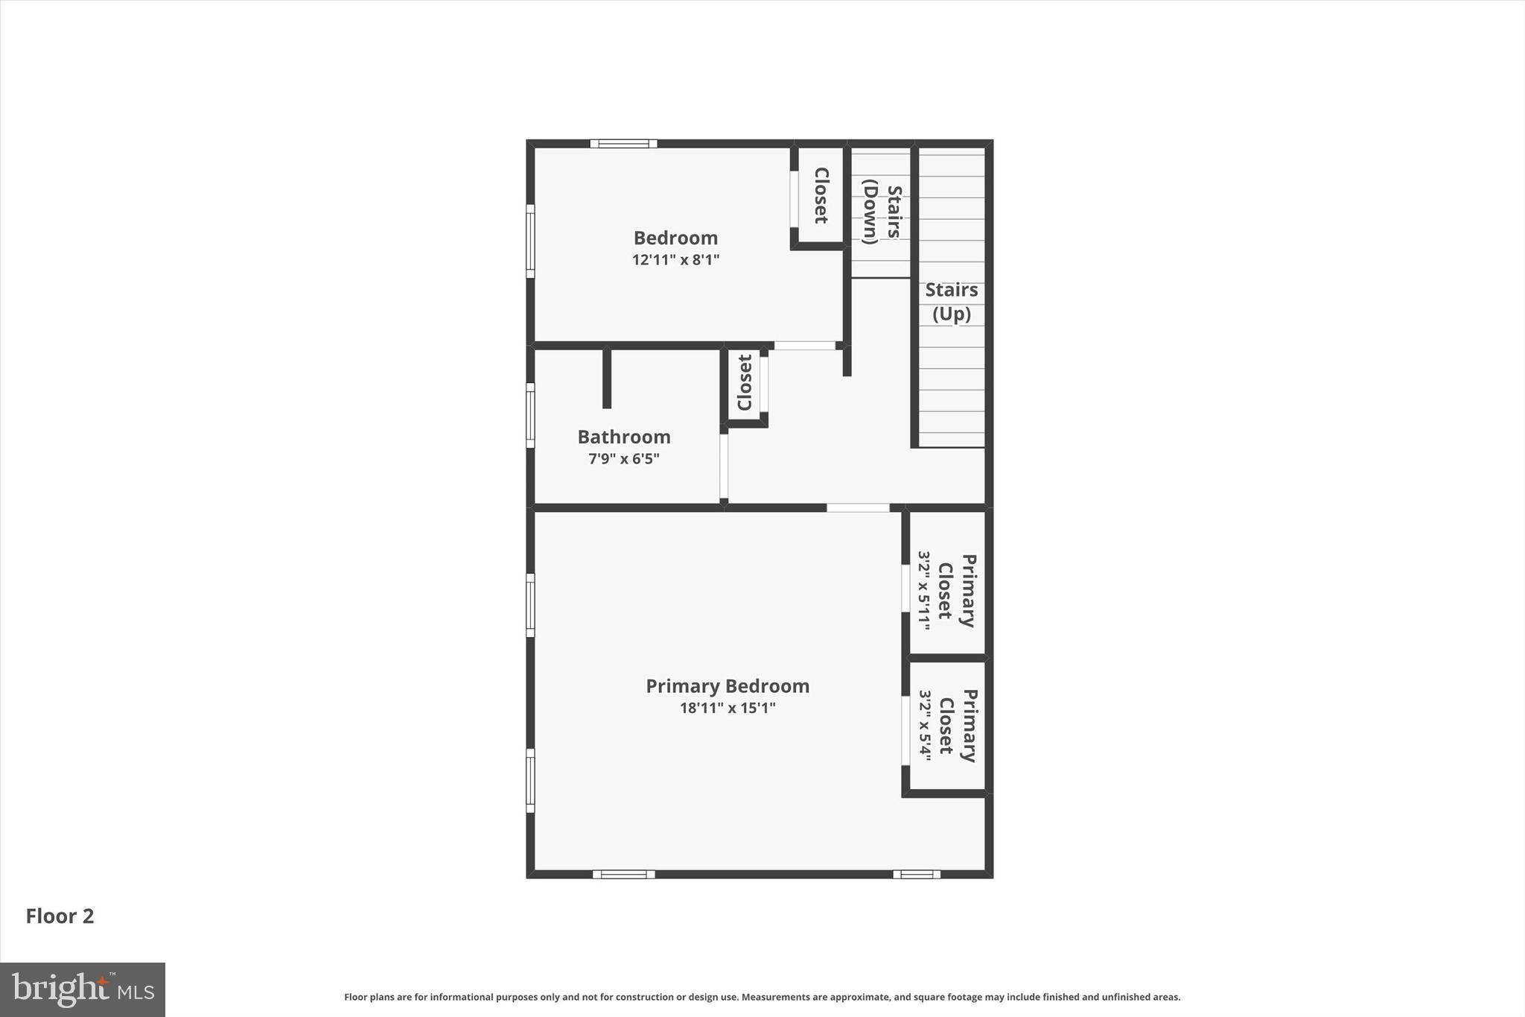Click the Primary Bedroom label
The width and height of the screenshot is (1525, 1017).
(728, 685)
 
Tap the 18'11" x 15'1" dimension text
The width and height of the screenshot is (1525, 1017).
(728, 708)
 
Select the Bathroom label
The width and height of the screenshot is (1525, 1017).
(624, 437)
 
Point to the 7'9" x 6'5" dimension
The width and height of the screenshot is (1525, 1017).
(624, 459)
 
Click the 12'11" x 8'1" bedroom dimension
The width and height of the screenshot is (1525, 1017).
(675, 260)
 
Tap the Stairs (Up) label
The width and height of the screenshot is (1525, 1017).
(952, 301)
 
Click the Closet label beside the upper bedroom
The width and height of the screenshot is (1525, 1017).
(821, 195)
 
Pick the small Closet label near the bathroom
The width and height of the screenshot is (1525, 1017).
(745, 382)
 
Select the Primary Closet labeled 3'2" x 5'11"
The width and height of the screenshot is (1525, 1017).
(946, 591)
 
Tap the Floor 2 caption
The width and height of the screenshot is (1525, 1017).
(60, 916)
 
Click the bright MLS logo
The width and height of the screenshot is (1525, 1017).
(83, 989)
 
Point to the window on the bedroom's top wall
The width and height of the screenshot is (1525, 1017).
(624, 144)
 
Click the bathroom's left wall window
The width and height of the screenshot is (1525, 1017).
(530, 415)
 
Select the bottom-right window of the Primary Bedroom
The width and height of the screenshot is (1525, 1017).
(917, 874)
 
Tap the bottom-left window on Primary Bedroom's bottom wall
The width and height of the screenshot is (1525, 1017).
(624, 874)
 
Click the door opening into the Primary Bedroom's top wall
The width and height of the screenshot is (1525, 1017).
(858, 507)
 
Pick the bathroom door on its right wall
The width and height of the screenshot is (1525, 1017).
(723, 466)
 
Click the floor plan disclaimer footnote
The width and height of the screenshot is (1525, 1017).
(762, 997)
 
